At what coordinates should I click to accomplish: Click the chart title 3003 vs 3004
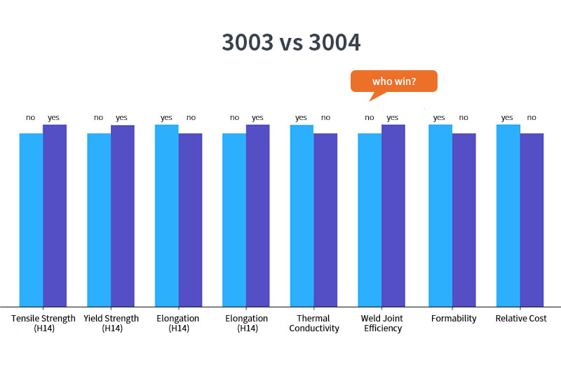[291, 43]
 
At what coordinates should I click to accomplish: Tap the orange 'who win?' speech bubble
[393, 81]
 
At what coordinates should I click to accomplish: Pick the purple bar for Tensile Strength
[55, 215]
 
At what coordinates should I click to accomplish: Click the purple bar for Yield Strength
[123, 215]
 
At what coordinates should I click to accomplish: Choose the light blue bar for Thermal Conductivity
[302, 215]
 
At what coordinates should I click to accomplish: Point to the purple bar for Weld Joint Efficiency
[393, 215]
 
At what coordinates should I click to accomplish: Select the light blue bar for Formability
[440, 215]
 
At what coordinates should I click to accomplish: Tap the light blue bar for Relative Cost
[508, 215]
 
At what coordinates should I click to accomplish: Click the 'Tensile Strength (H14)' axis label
[43, 323]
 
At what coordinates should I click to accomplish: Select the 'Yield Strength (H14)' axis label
[111, 323]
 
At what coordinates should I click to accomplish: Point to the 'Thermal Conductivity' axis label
[313, 323]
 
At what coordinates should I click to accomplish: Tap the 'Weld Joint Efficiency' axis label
[383, 323]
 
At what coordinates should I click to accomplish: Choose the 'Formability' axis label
[454, 319]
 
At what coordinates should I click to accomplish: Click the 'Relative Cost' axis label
[521, 319]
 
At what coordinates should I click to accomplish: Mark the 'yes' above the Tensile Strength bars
[54, 117]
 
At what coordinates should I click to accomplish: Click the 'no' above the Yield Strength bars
[98, 117]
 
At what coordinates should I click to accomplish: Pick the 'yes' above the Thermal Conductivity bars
[302, 117]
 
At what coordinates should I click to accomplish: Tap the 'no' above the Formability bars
[464, 117]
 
